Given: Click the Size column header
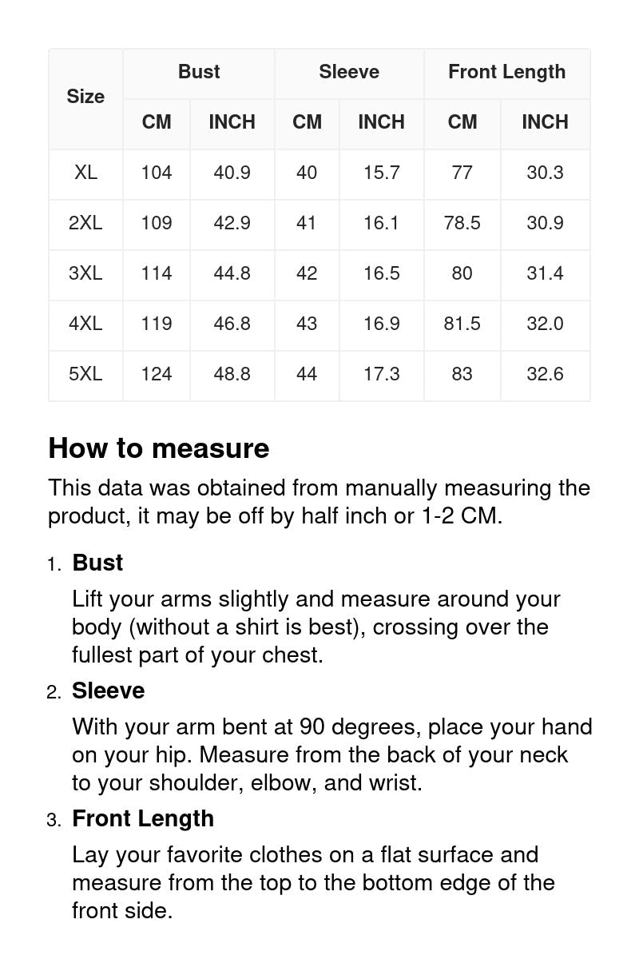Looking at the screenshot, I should (85, 97).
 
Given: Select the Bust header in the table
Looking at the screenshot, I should (199, 72).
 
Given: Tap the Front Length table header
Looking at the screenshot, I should (506, 72).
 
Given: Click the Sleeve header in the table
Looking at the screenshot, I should (349, 72).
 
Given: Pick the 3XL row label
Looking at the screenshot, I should (85, 273).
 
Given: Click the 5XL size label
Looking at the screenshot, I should (85, 374).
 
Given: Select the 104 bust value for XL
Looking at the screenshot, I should (157, 173).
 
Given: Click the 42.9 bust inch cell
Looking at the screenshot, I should (232, 223).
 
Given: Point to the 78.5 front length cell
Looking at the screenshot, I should (462, 223).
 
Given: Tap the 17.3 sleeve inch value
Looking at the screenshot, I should (381, 374).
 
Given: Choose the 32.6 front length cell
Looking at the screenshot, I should (545, 374).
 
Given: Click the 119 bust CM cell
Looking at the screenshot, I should (157, 324).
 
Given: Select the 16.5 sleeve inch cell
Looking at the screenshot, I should (381, 273).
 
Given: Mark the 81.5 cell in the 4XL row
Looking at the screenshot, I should (462, 324).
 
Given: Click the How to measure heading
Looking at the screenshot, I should (159, 448).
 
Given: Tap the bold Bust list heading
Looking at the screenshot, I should (97, 563).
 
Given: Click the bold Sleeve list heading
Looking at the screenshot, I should (109, 690).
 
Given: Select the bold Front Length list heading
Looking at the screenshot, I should (143, 818).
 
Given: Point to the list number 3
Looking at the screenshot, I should (53, 820).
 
